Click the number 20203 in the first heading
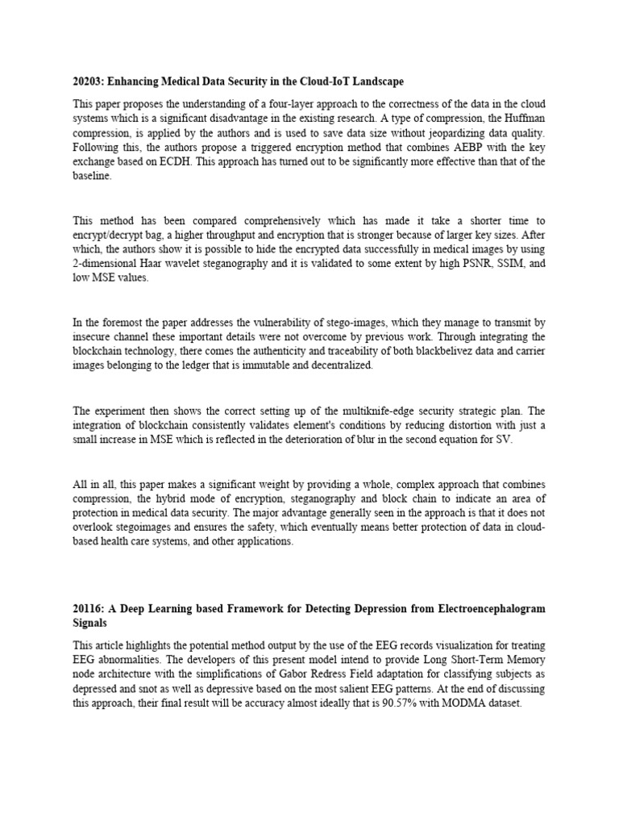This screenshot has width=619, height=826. pos(89,82)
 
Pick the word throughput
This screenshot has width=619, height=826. pos(212,235)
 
